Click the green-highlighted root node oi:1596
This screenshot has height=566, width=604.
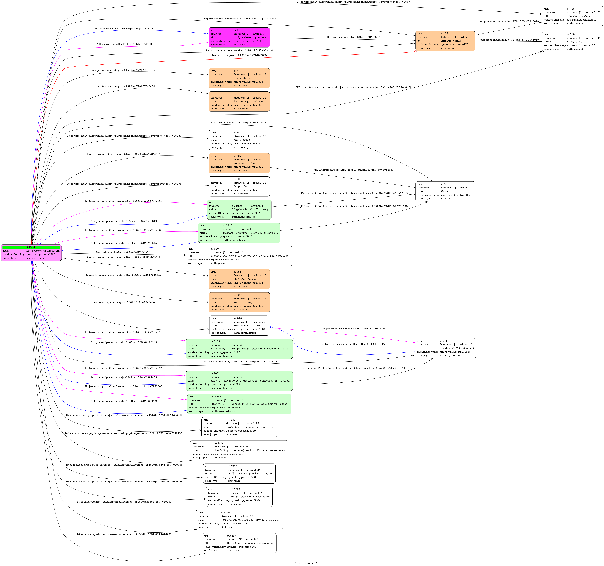[31, 252]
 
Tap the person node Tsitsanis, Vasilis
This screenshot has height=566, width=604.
[445, 41]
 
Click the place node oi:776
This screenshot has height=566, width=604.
[445, 191]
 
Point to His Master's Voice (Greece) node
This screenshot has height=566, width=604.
[445, 348]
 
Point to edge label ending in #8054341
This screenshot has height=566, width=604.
[239, 55]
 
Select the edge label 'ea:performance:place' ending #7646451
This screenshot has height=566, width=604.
[239, 123]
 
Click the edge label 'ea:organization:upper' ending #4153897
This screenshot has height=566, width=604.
[353, 344]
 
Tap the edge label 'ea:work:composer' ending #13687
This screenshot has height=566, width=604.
[353, 37]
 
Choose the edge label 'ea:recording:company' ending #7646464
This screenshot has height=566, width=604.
[123, 302]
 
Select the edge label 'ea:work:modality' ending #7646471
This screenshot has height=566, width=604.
[123, 252]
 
